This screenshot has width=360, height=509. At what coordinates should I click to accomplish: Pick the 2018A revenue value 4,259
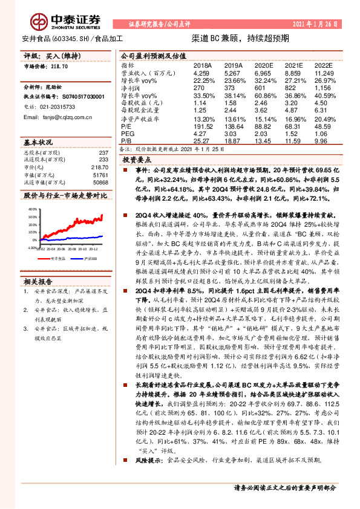click(201, 73)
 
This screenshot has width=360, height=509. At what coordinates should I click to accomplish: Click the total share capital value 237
click(102, 152)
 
